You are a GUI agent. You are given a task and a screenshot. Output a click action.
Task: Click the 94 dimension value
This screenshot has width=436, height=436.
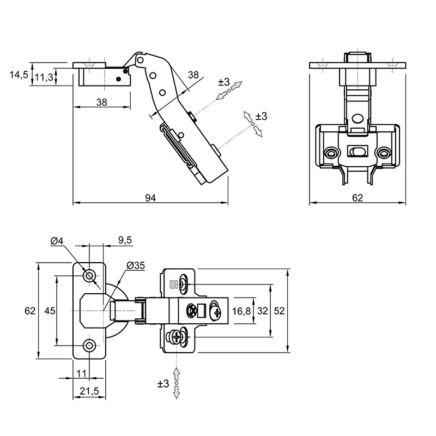150,198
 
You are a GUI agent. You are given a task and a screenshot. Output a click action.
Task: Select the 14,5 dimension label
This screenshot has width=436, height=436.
19,75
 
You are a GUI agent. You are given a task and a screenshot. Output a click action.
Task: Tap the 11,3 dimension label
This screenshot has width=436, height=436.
44,77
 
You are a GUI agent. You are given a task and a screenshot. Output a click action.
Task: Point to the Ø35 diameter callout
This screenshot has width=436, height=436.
136,265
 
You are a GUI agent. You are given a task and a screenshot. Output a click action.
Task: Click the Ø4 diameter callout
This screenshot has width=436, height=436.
57,241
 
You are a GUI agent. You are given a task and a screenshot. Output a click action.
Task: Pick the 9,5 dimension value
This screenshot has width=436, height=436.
125,240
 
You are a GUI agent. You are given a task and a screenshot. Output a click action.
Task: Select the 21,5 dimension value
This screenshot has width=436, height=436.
89,391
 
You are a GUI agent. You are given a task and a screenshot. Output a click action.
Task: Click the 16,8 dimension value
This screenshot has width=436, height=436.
241,311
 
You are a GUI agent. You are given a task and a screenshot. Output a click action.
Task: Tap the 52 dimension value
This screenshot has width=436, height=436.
279,311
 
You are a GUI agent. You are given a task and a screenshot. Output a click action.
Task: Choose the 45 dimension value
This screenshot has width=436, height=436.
50,311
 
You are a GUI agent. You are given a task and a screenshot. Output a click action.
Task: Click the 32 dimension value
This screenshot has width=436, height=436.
262,311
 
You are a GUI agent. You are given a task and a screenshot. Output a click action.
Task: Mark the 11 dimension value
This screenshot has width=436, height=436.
81,373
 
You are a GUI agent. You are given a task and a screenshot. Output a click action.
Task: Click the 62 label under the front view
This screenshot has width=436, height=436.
358,198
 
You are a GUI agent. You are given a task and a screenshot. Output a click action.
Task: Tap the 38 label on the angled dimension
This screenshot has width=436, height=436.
193,75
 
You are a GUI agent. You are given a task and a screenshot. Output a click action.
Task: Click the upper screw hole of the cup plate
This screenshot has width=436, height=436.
89,276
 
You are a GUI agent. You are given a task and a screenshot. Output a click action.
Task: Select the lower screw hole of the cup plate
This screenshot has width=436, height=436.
89,346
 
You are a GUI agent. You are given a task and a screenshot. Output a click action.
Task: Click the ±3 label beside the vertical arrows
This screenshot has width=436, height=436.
163,384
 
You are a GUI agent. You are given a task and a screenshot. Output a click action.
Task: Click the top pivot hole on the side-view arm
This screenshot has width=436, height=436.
141,60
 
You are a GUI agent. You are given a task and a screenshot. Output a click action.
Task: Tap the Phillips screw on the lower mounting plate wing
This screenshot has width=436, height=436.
176,338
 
